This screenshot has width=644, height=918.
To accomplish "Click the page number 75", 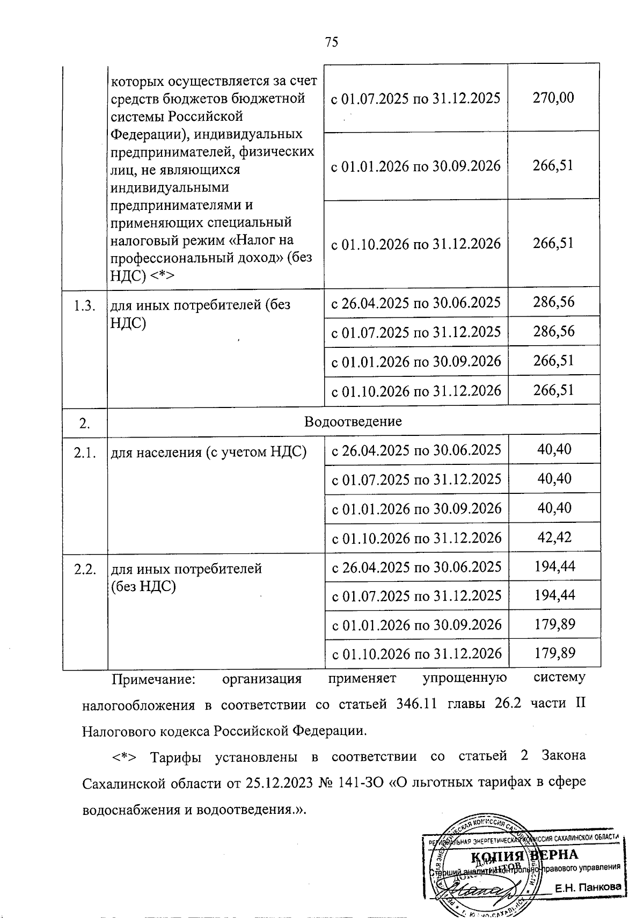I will (x=331, y=42).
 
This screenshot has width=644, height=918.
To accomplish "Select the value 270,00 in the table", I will (x=553, y=98).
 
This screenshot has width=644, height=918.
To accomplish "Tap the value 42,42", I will (x=554, y=537).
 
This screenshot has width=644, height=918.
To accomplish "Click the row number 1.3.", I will (x=85, y=306).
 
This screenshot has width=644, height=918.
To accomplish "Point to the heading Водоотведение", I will (x=353, y=421).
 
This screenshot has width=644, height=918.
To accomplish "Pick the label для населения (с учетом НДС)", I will (x=208, y=453).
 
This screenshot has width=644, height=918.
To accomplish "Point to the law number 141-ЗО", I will (x=361, y=783).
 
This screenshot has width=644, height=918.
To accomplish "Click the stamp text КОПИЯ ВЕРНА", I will (x=524, y=855).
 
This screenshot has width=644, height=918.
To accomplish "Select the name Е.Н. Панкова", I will (x=588, y=888).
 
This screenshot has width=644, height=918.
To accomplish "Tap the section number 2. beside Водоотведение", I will (x=84, y=424).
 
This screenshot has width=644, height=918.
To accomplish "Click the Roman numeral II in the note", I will (x=580, y=704).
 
